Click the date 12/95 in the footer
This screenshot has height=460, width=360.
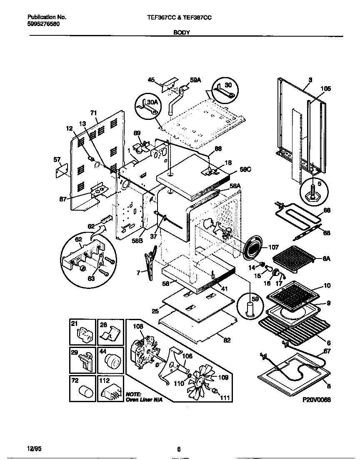click(x=34, y=448)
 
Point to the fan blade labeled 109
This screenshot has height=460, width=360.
click(x=202, y=378)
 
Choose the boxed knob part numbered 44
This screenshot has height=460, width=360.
click(x=111, y=359)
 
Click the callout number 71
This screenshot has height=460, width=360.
click(x=93, y=112)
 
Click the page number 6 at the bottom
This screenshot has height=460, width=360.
click(x=179, y=449)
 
